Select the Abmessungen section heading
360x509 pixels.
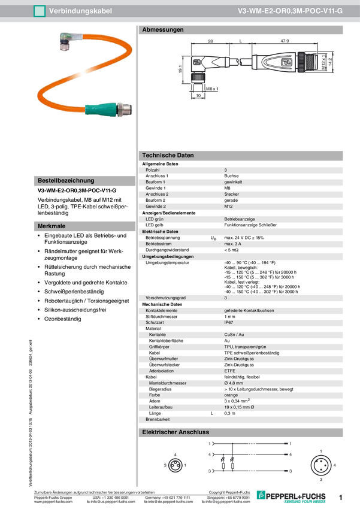162,29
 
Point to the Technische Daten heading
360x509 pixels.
168,155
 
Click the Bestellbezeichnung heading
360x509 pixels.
65,180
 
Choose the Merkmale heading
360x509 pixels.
51,226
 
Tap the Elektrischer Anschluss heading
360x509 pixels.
175,432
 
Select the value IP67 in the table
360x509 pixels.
229,322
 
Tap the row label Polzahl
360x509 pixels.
153,170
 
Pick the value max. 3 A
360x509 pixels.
233,244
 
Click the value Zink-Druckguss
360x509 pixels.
238,359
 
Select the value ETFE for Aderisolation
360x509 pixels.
229,371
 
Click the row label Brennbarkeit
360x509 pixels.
158,420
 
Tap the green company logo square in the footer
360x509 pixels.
260,493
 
